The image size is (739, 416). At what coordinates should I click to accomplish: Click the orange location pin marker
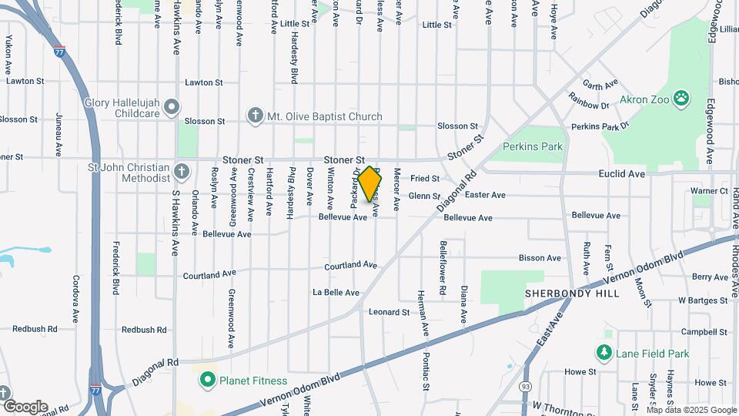(370, 183)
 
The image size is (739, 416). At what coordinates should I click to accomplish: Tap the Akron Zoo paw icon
(680, 98)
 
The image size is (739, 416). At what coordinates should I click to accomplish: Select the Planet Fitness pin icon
(206, 380)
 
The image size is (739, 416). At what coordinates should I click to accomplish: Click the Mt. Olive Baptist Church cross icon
(255, 116)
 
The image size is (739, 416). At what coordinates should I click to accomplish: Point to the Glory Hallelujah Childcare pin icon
(171, 106)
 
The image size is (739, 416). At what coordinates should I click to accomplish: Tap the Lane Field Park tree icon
(604, 353)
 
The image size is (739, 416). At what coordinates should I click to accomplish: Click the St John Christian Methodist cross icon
(182, 171)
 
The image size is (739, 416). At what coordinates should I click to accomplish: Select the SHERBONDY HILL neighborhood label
(561, 294)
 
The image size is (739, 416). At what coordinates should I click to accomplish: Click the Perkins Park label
(533, 146)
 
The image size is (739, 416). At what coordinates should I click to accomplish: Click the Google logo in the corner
(25, 406)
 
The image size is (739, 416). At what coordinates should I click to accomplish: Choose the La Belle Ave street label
(336, 293)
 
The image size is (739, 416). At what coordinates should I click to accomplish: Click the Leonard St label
(389, 312)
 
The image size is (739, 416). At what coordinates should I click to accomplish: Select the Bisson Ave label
(540, 258)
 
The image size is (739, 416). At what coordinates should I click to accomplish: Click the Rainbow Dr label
(588, 100)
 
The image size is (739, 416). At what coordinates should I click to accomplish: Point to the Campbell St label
(704, 332)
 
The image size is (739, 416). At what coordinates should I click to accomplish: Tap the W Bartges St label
(703, 300)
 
